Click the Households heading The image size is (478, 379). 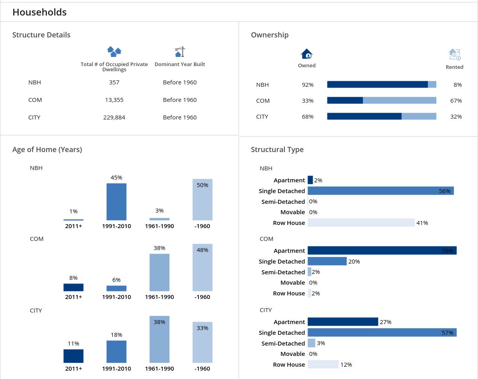(39, 12)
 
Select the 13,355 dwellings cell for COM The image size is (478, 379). (114, 100)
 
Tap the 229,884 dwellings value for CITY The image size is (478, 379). (114, 117)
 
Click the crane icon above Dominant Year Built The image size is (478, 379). (180, 52)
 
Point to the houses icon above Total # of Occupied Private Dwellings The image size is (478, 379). (114, 51)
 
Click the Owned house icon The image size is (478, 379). (307, 54)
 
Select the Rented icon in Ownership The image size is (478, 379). (454, 54)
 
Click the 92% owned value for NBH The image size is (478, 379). (308, 85)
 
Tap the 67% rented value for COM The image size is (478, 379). (456, 101)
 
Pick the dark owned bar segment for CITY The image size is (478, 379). (364, 116)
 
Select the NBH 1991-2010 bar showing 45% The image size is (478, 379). (116, 201)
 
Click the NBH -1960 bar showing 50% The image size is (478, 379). (202, 199)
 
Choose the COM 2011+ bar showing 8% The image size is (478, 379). (73, 287)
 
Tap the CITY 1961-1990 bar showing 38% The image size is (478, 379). (159, 339)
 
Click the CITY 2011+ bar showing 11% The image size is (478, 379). (73, 356)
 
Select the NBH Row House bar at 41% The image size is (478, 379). (361, 223)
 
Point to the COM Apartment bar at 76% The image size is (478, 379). (382, 250)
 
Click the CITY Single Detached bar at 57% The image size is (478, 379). (382, 332)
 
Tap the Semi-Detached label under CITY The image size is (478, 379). (283, 343)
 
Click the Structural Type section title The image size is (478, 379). (277, 150)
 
